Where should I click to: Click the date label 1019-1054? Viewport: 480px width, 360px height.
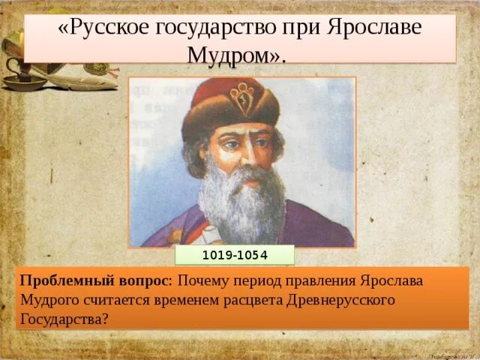point(235,256)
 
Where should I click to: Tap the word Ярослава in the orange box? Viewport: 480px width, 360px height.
point(391,280)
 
